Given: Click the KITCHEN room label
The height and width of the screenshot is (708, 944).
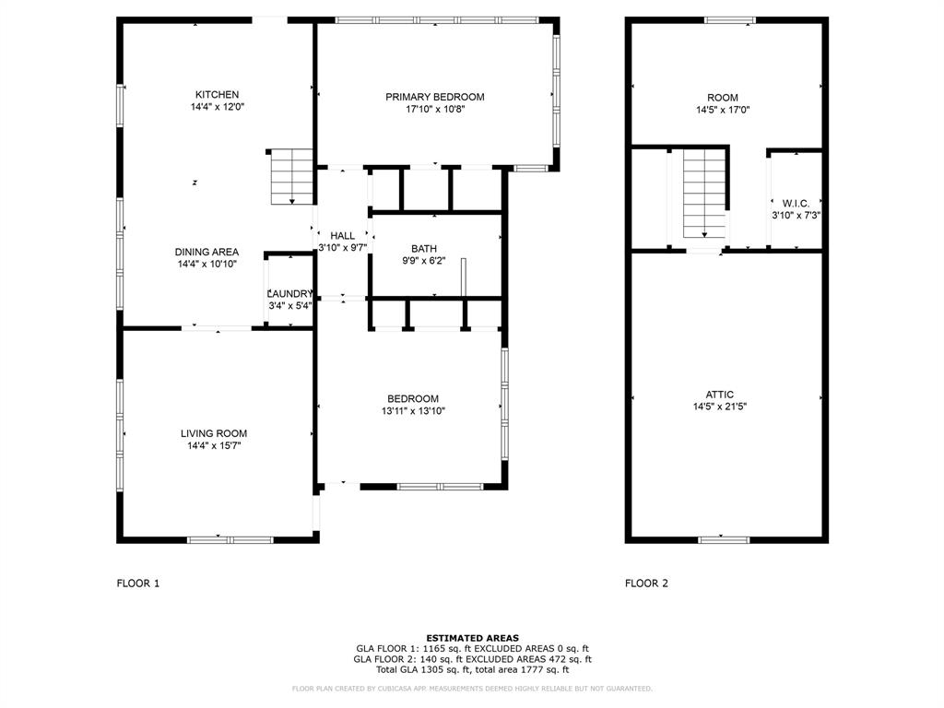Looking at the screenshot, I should point(217,94).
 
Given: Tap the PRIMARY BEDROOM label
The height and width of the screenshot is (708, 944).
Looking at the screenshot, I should point(434,97).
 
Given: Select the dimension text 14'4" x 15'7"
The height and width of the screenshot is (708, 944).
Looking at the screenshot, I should point(213,446).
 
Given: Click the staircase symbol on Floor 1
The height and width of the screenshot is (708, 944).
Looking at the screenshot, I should point(292,177).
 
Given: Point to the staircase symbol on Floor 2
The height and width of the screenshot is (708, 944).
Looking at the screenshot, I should point(704,195).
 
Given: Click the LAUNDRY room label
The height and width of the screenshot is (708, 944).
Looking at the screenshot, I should point(289,294).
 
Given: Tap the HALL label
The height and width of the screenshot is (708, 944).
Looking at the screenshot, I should point(342,236).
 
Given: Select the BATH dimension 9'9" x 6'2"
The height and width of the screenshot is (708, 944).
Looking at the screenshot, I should point(423,261).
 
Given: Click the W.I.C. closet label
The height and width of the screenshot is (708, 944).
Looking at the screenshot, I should point(796,203).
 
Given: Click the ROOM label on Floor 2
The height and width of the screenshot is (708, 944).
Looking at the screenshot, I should point(722,98).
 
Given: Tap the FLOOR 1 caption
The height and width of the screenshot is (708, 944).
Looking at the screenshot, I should point(138,583).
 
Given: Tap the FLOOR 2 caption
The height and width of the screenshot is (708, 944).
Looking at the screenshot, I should point(646,583).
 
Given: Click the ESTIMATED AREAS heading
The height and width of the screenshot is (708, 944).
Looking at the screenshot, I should point(472,638).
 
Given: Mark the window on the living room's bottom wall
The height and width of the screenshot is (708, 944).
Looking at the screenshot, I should point(218,539).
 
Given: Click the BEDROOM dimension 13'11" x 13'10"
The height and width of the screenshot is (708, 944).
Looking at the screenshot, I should point(413,411).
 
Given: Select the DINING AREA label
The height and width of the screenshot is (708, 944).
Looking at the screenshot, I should point(206,252).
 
